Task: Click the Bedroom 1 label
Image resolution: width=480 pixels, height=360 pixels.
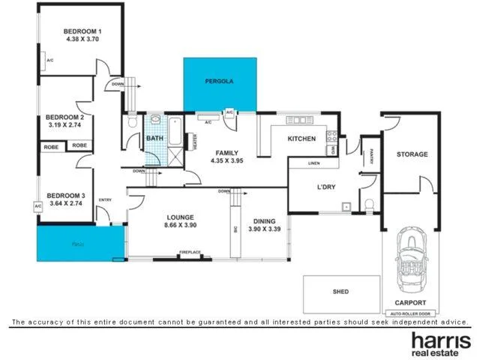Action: [84, 31]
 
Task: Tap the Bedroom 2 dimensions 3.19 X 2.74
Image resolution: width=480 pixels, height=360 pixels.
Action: [64, 126]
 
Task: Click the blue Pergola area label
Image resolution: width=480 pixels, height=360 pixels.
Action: [220, 80]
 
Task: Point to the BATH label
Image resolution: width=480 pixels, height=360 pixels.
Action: [154, 139]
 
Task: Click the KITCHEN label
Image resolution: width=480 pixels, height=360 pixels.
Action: [302, 139]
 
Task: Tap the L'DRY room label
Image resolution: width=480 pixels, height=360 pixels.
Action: [326, 186]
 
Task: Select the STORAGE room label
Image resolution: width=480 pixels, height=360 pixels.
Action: [412, 154]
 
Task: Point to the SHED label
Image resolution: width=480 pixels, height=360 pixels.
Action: [341, 292]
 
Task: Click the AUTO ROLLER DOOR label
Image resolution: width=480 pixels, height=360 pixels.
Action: [412, 313]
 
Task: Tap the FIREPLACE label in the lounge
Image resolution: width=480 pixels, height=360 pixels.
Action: [189, 253]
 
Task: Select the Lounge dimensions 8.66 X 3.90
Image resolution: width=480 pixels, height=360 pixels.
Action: [180, 225]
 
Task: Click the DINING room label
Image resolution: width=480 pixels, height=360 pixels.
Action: [264, 220]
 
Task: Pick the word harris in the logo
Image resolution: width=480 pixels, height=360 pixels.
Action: [439, 339]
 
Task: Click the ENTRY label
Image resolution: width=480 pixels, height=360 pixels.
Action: [105, 199]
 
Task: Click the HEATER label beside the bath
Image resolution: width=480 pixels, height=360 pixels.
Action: [195, 141]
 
